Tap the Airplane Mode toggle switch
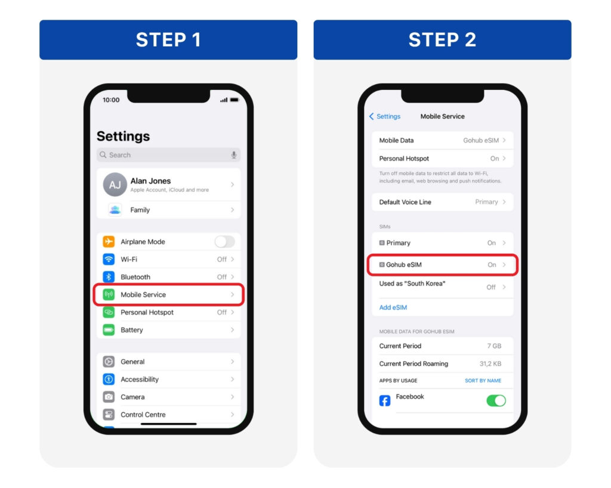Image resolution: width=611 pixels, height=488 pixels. (x=224, y=242)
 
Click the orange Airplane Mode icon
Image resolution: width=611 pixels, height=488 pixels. (x=109, y=242)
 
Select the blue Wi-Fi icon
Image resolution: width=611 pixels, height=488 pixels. (x=109, y=259)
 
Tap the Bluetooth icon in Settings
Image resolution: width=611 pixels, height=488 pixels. (x=109, y=276)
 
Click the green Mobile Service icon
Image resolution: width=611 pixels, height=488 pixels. (x=109, y=294)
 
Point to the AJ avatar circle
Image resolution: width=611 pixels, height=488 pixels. (x=115, y=185)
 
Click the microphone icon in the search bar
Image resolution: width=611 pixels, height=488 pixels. (x=234, y=155)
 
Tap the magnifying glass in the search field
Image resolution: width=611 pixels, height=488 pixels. (x=103, y=155)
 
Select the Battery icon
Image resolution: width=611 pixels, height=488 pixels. (x=109, y=330)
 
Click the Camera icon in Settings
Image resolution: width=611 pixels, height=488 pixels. (x=109, y=397)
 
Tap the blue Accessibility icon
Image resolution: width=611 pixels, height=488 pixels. (x=109, y=379)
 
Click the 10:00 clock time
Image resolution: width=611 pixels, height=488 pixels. (x=111, y=100)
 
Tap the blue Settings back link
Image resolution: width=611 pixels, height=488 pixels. (x=385, y=116)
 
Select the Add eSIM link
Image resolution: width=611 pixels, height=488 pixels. (x=393, y=307)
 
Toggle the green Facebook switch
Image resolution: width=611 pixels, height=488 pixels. (x=496, y=400)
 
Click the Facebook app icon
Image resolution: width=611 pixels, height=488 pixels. (x=385, y=401)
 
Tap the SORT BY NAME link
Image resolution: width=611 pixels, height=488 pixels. (x=483, y=381)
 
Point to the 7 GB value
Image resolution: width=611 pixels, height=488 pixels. (x=494, y=346)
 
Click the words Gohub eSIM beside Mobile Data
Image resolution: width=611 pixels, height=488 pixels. (x=481, y=141)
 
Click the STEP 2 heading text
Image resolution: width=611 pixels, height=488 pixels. (x=442, y=40)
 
